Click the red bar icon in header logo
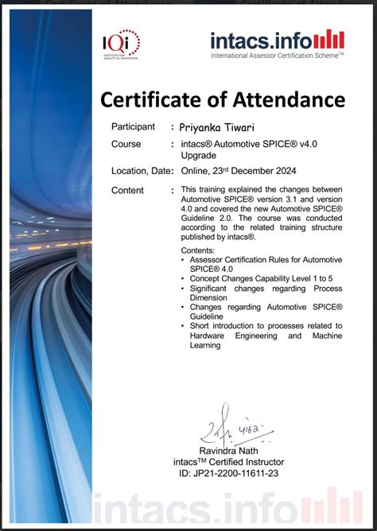(x=329, y=38)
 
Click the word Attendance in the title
(x=288, y=100)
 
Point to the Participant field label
(x=133, y=126)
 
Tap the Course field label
(x=126, y=144)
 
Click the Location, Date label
(x=142, y=170)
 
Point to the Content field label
(x=127, y=190)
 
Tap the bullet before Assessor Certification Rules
(x=184, y=260)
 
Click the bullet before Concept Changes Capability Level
(x=184, y=278)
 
